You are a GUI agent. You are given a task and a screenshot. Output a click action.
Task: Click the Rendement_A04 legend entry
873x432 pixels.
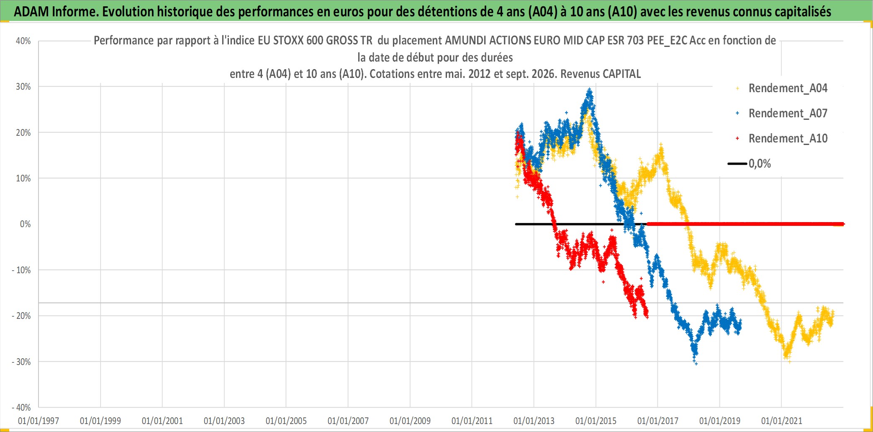click(x=782, y=88)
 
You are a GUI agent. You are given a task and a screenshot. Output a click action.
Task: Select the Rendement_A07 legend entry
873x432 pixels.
click(x=782, y=113)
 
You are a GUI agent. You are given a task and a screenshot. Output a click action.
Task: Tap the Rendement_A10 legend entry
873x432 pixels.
click(x=782, y=138)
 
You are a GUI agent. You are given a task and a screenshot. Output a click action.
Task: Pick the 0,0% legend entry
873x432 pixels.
click(x=750, y=163)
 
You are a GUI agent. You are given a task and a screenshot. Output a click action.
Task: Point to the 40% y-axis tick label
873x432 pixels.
click(x=23, y=41)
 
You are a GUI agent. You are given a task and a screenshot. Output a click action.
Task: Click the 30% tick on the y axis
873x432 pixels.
click(x=23, y=87)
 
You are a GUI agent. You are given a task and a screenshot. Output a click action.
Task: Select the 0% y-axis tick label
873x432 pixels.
click(x=26, y=224)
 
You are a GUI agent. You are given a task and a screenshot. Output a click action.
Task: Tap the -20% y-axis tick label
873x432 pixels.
click(x=21, y=316)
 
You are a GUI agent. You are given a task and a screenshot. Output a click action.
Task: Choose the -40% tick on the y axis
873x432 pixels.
click(x=21, y=407)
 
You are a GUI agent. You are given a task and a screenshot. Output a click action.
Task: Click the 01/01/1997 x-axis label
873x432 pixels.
click(x=39, y=421)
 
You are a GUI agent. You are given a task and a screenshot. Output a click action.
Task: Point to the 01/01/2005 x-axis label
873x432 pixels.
click(x=286, y=421)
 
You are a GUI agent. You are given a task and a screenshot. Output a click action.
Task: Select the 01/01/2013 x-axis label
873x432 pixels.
click(x=534, y=421)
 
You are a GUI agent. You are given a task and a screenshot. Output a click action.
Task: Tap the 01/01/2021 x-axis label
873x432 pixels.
click(x=782, y=421)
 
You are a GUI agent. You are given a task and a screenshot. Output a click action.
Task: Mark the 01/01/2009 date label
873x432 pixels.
click(x=410, y=421)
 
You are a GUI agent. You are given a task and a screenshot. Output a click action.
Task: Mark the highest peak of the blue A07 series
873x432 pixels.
click(x=590, y=89)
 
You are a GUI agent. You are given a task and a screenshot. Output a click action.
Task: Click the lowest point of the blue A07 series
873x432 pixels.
click(x=696, y=364)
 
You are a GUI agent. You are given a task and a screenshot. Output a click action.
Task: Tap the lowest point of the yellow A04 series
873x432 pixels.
click(x=789, y=361)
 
